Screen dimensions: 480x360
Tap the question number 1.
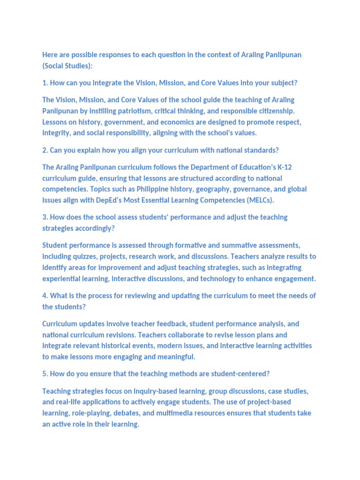coord(45,83)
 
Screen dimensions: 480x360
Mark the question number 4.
coord(45,295)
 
